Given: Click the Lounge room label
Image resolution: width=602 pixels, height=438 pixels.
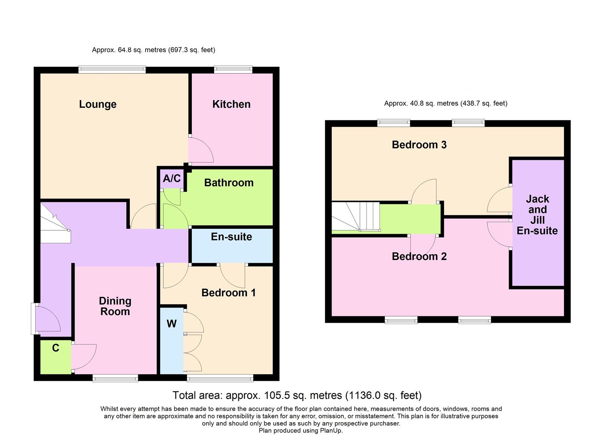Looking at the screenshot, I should click(x=98, y=104).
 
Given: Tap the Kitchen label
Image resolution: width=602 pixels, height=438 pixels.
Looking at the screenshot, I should click(x=231, y=104).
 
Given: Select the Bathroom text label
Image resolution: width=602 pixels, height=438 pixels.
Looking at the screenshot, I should click(x=229, y=182).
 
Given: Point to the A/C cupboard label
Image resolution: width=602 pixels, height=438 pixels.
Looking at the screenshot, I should click(x=171, y=178).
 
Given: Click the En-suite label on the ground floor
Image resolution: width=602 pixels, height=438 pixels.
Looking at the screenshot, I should click(x=231, y=236).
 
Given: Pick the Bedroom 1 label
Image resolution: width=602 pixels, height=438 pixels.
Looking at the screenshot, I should click(x=228, y=292).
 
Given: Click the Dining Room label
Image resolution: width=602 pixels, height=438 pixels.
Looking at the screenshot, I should click(x=115, y=306).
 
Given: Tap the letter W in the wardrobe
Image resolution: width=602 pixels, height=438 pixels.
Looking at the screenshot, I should click(x=171, y=324).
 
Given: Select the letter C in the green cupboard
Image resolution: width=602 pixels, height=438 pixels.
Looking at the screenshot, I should click(x=56, y=348).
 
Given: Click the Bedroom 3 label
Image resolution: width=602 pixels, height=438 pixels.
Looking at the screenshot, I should click(x=419, y=145).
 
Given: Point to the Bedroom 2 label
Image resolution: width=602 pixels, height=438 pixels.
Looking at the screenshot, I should click(x=419, y=256).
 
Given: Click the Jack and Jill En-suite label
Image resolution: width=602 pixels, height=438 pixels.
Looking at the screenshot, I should click(x=537, y=215).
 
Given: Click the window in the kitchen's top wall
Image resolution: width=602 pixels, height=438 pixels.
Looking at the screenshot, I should click(x=233, y=70).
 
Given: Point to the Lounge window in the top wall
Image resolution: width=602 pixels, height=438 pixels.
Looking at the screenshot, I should click(x=112, y=70).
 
